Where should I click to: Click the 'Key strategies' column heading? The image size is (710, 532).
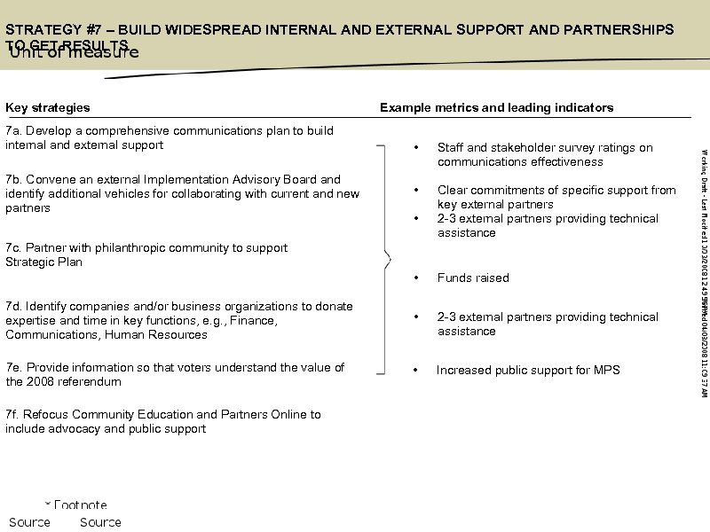(48, 107)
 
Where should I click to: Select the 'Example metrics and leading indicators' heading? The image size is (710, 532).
(496, 107)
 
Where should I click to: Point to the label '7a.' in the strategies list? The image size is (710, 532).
(14, 131)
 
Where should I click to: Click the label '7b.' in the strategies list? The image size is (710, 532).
(14, 180)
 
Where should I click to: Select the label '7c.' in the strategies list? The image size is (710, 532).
(14, 248)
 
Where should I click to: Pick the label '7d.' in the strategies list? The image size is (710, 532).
(14, 307)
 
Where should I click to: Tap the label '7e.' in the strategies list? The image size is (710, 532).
(14, 368)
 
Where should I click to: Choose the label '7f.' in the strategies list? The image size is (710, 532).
(13, 415)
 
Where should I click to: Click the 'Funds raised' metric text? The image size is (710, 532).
(473, 278)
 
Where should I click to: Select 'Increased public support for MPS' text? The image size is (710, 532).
(528, 371)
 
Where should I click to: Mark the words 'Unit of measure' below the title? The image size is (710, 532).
(74, 51)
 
